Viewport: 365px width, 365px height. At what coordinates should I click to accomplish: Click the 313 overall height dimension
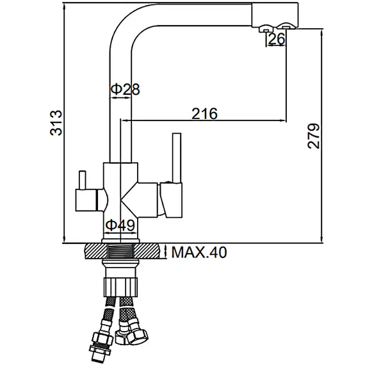[x=56, y=123]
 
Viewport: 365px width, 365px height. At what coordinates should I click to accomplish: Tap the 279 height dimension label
[x=314, y=136]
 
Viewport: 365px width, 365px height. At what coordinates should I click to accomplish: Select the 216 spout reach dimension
[x=204, y=113]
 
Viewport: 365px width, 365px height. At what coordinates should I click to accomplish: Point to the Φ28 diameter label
[x=125, y=89]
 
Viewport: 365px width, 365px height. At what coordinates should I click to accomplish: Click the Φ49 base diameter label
[x=120, y=225]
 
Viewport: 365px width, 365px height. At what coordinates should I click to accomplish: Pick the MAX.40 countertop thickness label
[x=199, y=252]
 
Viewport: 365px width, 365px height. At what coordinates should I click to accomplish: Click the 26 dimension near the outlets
[x=276, y=38]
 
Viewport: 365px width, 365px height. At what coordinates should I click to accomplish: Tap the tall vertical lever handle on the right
[x=177, y=158]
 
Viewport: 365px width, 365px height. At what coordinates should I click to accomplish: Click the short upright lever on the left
[x=83, y=180]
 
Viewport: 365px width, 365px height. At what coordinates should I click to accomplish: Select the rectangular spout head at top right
[x=275, y=15]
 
